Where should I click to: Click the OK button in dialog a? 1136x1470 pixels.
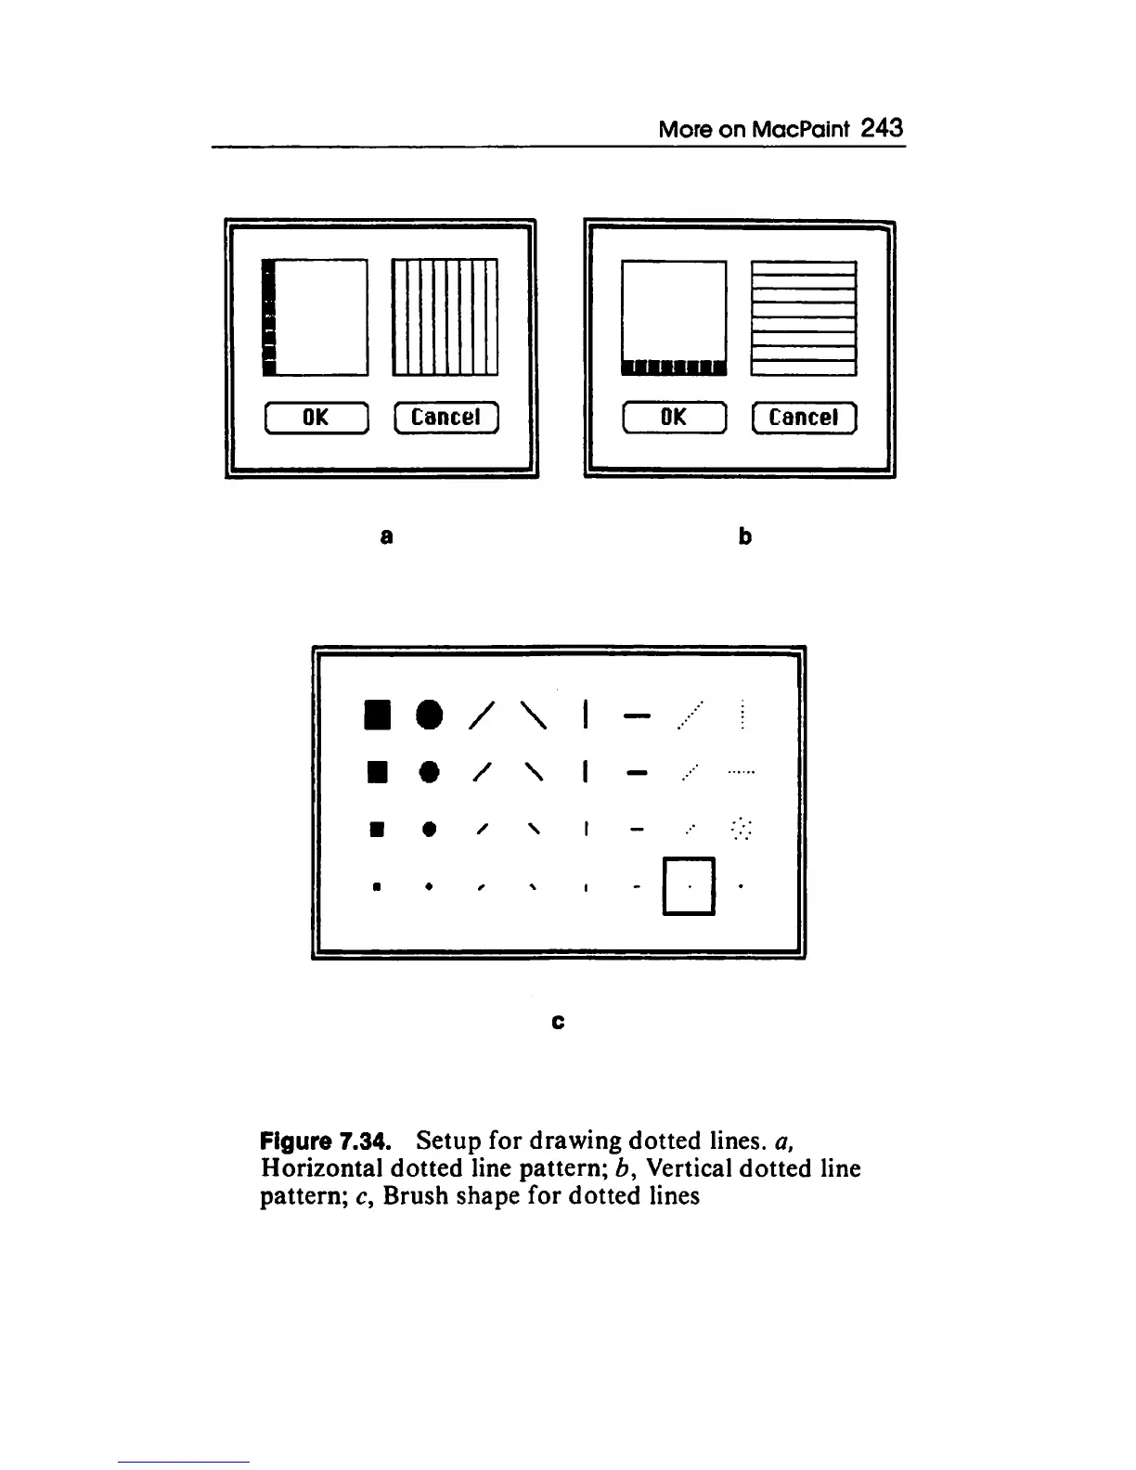(316, 419)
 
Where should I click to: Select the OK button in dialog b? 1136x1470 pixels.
(674, 419)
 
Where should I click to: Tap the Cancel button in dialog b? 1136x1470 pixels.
(804, 419)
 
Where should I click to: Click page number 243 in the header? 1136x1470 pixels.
(881, 128)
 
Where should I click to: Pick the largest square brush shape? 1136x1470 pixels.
(376, 715)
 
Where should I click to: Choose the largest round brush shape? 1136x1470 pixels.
(427, 715)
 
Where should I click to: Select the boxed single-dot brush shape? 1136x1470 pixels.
(689, 885)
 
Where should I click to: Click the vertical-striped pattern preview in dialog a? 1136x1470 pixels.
(445, 317)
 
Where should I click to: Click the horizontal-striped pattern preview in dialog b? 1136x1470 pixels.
(803, 317)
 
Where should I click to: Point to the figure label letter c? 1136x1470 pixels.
(558, 1022)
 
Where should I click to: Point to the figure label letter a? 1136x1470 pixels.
(386, 536)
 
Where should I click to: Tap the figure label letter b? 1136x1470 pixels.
(744, 536)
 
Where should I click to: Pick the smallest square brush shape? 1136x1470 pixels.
(376, 886)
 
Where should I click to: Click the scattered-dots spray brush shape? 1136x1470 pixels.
(742, 827)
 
